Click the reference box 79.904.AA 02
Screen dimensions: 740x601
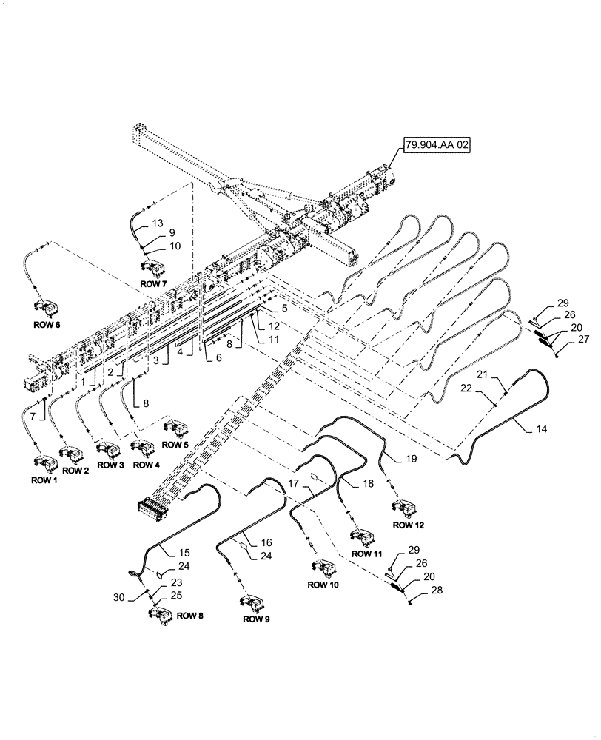point(436,145)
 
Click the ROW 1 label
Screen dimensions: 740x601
point(44,480)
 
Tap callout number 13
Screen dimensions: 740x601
point(158,222)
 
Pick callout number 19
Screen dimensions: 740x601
point(411,459)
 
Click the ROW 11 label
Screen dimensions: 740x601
point(366,553)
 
